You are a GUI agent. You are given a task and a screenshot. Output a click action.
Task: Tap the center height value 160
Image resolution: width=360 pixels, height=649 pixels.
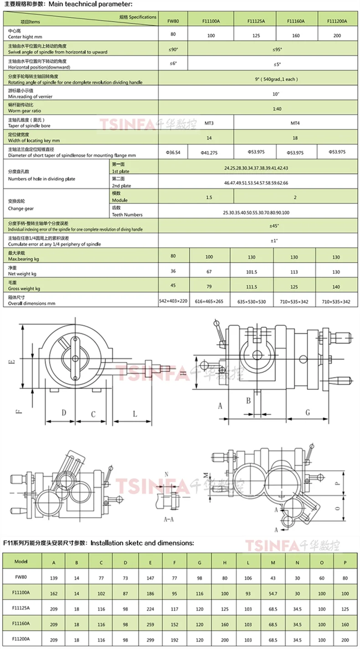point(296,35)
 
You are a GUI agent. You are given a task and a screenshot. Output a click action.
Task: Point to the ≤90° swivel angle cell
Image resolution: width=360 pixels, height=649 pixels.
point(173,49)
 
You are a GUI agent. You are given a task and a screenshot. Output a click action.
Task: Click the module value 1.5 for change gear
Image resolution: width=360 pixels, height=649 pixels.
point(209,197)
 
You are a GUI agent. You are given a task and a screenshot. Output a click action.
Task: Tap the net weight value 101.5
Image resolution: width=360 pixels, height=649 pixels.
point(252,272)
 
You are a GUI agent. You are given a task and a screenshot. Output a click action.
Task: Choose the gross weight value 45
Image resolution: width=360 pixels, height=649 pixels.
point(173,286)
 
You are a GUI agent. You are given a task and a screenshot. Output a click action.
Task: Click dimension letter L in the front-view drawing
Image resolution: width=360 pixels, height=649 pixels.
point(135,414)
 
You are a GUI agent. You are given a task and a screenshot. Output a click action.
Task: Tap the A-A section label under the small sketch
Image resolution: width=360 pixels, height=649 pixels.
point(170,519)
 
